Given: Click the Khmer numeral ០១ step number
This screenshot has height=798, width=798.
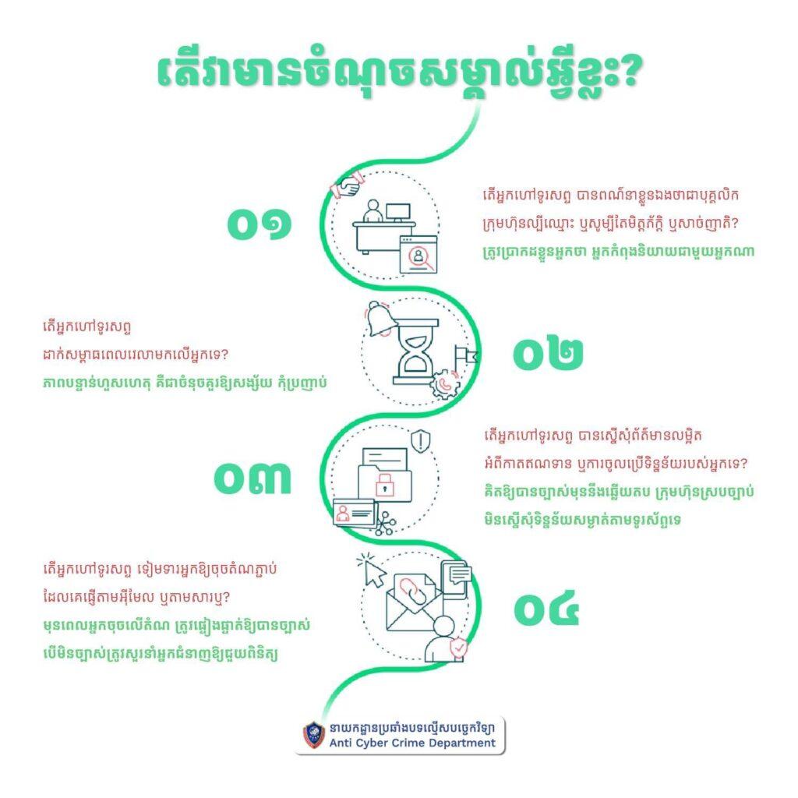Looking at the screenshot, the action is [x=260, y=224].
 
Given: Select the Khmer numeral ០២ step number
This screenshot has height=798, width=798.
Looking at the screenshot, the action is [x=548, y=353].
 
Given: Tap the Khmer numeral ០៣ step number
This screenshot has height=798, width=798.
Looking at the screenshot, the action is [x=252, y=478].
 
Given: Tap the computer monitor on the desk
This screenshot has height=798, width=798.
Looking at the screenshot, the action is [x=398, y=213].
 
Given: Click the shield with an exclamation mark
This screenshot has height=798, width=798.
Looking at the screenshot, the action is [x=421, y=441].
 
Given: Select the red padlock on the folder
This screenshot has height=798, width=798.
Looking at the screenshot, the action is [x=385, y=485].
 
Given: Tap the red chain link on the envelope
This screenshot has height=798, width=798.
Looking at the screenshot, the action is [x=410, y=592].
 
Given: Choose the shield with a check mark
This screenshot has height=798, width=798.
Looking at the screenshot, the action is [x=458, y=648].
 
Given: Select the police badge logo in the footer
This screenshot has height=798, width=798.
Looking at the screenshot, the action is [x=314, y=736].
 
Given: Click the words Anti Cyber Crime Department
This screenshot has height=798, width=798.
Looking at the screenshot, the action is [x=412, y=743].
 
